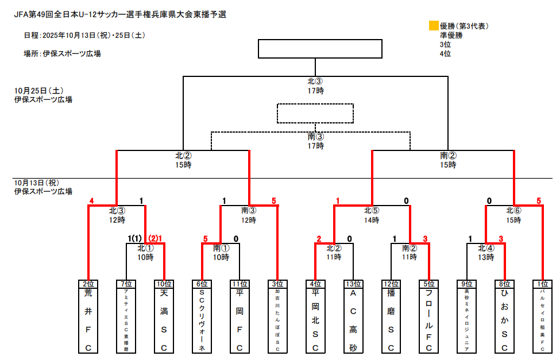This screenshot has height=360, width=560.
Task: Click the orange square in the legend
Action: pos(434,26)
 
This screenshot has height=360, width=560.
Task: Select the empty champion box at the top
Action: pos(320,49)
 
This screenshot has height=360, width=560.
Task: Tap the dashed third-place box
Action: pos(315,113)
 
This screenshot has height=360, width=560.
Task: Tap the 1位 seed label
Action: pos(542,284)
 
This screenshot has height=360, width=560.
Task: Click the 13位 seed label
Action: pos(353,284)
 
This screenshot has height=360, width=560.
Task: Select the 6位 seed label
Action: pos(202,284)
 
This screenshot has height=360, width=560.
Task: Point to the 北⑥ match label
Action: pos(515,210)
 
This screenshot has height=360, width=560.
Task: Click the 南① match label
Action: pos(221,249)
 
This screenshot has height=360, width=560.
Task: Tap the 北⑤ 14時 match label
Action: pos(372,215)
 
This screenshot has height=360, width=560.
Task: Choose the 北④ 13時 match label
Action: pos(486,253)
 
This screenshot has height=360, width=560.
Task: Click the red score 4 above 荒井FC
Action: pos(91,201)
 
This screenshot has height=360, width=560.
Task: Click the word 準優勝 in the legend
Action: pos(451,35)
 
